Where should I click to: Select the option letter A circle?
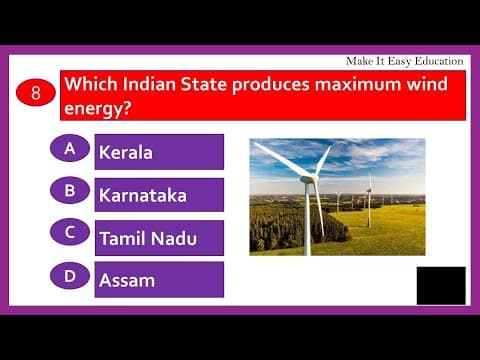point(70,148)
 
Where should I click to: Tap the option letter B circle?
point(70,190)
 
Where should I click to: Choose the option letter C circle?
point(70,232)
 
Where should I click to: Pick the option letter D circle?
point(70,275)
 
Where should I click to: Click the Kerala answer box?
point(159,152)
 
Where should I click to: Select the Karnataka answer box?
point(159,195)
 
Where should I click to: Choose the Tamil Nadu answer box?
point(159,238)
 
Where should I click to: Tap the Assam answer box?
point(159,280)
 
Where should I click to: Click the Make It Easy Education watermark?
point(404,61)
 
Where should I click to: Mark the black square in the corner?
point(441,285)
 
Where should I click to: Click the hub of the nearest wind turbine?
point(307,180)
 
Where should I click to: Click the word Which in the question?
point(93,83)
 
